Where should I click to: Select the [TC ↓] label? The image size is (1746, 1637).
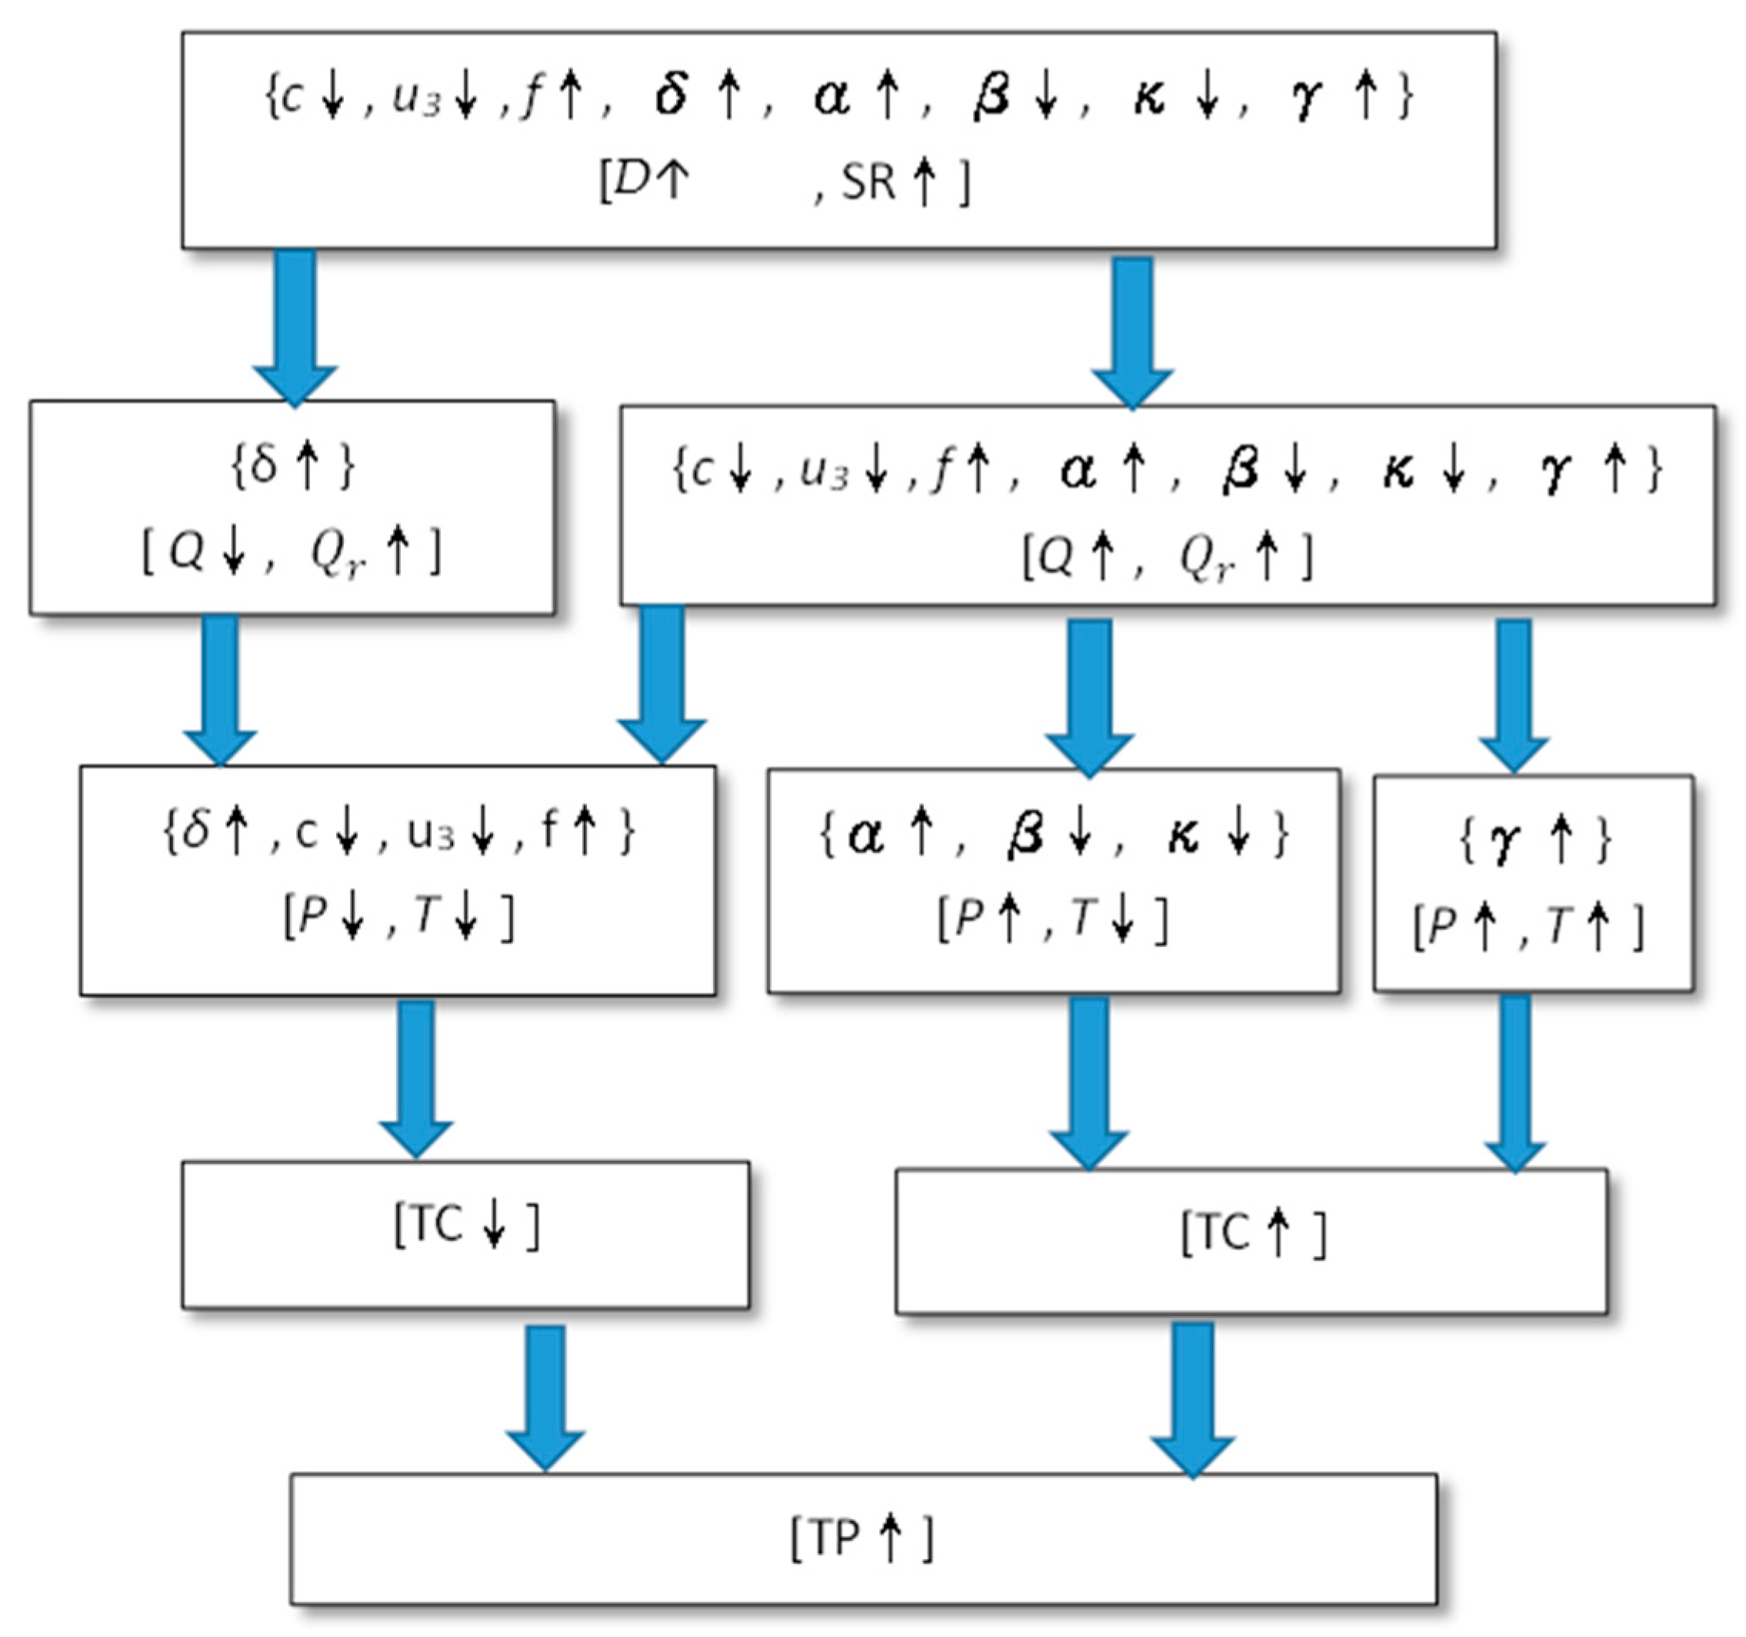(x=466, y=1226)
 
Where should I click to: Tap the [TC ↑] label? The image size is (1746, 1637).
(x=1252, y=1233)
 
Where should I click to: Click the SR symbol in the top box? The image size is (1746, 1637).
(x=868, y=182)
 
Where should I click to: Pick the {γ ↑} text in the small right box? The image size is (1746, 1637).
(x=1534, y=841)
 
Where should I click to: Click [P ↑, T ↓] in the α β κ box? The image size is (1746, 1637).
(x=1053, y=919)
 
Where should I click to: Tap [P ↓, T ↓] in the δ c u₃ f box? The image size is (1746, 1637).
(x=398, y=917)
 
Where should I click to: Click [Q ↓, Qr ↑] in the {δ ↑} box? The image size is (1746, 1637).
(x=292, y=553)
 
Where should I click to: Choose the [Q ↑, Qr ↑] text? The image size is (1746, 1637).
(x=1166, y=557)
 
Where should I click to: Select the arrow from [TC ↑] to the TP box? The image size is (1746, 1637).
(x=1193, y=1396)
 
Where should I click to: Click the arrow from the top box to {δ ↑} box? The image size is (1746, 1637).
(x=295, y=325)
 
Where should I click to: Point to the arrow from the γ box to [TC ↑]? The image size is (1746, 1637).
(x=1515, y=1080)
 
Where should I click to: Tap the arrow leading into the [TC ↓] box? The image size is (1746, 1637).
(x=416, y=1075)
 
